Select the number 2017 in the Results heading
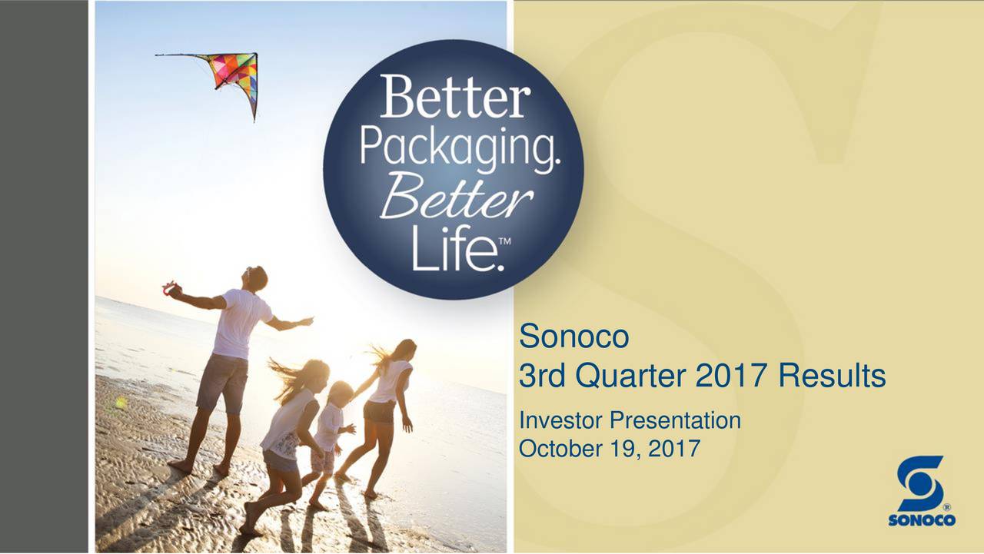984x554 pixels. pos(733,377)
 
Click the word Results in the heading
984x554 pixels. pos(831,377)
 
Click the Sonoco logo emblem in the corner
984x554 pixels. pos(920,485)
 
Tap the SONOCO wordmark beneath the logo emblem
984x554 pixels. pos(922,520)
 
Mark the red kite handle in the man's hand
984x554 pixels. pos(169,289)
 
